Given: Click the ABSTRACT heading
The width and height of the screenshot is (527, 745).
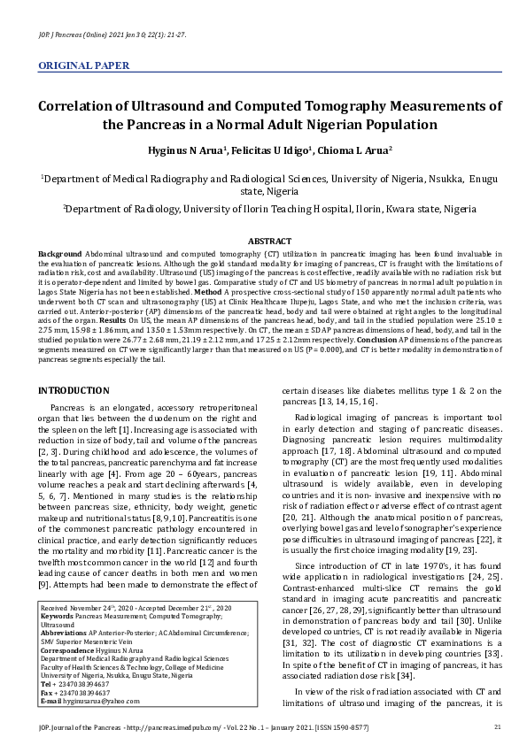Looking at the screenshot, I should point(270,241).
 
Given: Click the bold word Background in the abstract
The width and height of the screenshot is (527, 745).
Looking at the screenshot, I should point(58,253).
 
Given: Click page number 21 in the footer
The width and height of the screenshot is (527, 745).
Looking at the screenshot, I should point(497,727).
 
